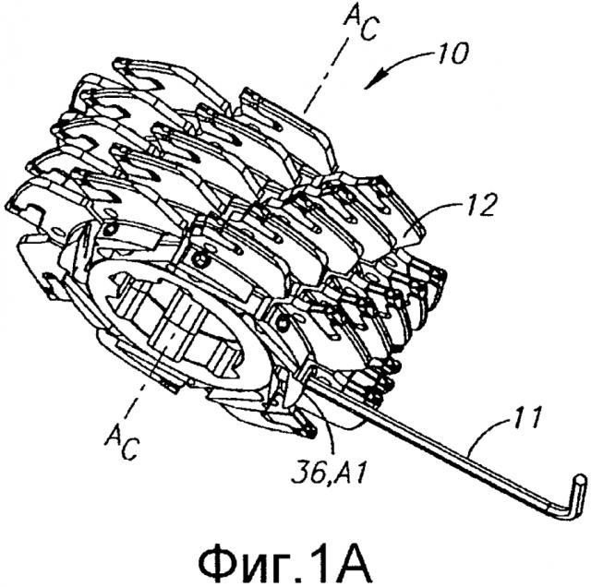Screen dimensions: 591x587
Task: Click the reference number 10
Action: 452,54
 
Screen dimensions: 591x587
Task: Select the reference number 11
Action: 525,420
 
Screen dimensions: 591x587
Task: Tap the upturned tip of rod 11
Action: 580,485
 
